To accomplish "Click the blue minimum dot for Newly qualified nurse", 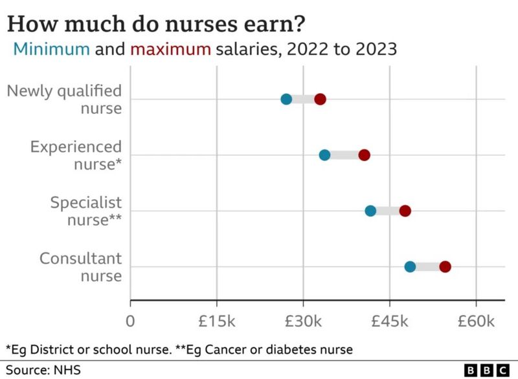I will (286, 99).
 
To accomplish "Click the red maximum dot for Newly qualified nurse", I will (320, 99).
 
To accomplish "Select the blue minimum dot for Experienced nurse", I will (324, 155).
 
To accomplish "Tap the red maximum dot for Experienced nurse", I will (365, 155).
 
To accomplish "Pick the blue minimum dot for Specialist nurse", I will (370, 211).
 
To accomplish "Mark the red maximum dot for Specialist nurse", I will (405, 211).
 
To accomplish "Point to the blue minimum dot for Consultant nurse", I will (410, 266).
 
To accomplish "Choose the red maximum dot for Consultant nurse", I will (445, 266).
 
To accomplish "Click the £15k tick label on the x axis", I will (216, 321).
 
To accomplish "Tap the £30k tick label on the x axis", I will (303, 321).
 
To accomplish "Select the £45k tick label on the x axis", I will (389, 321).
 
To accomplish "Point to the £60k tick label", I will (476, 321).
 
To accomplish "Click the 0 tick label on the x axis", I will (131, 321).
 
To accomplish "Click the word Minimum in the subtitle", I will (52, 49).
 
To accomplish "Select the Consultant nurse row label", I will (81, 267).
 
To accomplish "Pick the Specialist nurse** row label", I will (86, 211).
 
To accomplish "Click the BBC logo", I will (487, 370).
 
